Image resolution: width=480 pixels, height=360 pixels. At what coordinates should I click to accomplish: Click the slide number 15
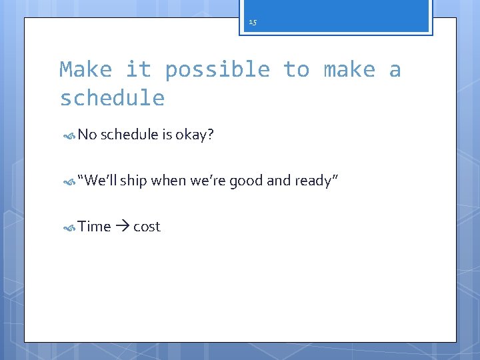point(252,23)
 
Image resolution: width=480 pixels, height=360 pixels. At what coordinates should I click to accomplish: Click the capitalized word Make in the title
point(85,69)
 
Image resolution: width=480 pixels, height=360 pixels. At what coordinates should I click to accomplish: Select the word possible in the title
point(217,69)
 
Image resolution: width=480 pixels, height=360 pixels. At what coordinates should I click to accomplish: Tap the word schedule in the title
point(112,99)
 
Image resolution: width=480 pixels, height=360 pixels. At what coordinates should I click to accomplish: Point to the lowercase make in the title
point(349,69)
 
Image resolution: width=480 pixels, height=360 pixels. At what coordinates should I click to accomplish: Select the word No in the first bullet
point(87,135)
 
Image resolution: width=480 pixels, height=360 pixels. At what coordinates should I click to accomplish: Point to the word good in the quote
point(246,181)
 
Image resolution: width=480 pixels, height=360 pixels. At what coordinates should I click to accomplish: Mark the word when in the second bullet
point(168,181)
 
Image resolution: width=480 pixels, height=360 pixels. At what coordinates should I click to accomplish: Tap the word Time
point(94,227)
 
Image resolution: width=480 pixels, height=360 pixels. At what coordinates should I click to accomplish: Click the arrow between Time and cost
point(122,227)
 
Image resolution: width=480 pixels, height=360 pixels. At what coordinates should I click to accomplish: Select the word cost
point(147,227)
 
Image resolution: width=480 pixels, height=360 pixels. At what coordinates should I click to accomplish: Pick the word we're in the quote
point(208,181)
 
